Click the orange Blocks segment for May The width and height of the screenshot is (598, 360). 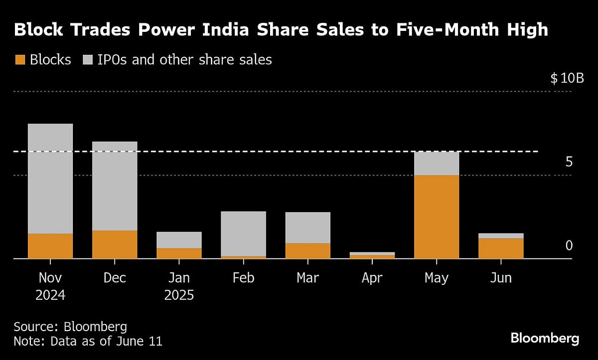437,217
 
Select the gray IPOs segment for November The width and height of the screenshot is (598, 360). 50,178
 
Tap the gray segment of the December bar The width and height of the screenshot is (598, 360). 115,186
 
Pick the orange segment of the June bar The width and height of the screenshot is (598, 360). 501,248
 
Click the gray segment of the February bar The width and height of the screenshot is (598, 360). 243,234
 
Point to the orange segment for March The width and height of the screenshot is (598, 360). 307,250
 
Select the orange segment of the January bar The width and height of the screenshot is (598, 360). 179,253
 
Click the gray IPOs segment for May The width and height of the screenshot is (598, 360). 437,163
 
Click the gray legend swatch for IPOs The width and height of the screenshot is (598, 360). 87,60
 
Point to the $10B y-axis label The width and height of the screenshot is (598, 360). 567,79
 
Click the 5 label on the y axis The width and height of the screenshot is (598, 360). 569,162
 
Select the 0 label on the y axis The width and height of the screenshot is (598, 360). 569,246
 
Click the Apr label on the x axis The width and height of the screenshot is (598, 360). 372,278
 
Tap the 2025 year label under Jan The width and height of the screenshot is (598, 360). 179,295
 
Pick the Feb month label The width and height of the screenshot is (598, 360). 243,278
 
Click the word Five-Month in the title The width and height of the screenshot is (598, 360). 440,30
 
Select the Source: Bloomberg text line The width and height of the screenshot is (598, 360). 70,327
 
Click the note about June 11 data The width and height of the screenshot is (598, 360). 88,342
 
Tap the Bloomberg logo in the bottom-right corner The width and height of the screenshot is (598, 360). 545,339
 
